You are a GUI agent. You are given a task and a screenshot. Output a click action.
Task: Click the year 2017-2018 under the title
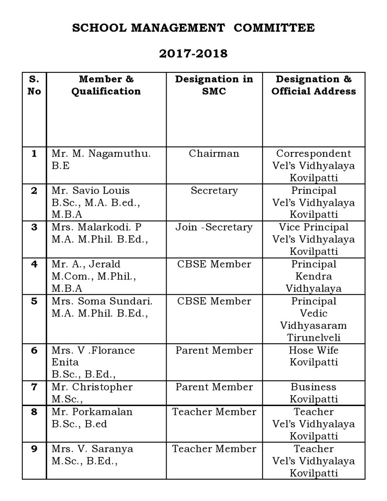193,53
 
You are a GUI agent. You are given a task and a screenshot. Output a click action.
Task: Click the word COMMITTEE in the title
274,28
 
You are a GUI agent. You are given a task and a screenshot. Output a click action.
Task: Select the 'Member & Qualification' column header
106,85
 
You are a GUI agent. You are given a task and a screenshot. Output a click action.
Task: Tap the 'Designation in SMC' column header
214,85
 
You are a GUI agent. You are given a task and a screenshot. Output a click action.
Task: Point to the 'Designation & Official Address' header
313,85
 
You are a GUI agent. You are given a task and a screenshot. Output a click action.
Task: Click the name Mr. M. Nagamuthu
101,153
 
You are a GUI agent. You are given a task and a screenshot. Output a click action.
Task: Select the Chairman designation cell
214,153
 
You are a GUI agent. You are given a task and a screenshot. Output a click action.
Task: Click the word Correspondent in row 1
313,153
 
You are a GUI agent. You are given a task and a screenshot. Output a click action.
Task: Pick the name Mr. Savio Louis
90,190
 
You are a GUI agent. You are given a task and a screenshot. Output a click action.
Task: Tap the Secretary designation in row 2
214,190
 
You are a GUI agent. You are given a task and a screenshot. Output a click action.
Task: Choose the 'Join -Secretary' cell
214,227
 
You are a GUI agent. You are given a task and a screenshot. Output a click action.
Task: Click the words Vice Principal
313,227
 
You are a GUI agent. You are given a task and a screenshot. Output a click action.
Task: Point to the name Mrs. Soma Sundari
102,301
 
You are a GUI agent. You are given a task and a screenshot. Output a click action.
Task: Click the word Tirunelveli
313,338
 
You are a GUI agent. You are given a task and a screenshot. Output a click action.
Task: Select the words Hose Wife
313,350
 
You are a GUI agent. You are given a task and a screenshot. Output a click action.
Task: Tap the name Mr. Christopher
92,387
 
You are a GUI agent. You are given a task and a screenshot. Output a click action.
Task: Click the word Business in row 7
313,387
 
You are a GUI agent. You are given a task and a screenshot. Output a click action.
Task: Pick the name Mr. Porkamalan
92,412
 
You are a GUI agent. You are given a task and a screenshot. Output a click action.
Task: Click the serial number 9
34,449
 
